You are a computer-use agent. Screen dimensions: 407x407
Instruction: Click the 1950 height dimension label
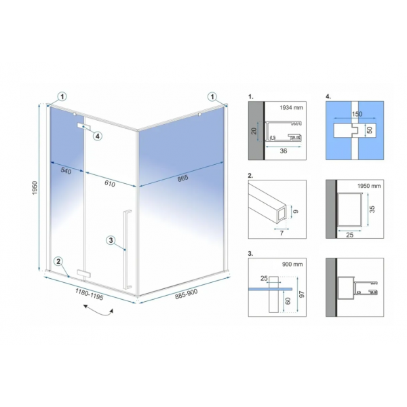click(x=35, y=188)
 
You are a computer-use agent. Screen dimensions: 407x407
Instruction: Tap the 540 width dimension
click(x=66, y=171)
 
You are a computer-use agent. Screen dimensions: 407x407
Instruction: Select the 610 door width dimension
click(x=110, y=183)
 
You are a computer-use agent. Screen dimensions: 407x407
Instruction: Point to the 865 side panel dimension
click(x=182, y=178)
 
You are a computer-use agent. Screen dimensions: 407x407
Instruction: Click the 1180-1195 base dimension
click(x=90, y=294)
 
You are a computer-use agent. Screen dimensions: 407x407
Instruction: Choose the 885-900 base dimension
click(x=186, y=294)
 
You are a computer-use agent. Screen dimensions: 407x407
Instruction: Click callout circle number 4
click(x=97, y=136)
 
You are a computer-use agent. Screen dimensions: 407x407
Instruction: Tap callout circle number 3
click(x=111, y=240)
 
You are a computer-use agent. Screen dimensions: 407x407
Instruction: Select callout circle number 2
click(x=58, y=261)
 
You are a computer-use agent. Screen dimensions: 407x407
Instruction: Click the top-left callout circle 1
click(x=62, y=97)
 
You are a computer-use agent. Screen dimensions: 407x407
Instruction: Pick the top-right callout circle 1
click(x=212, y=97)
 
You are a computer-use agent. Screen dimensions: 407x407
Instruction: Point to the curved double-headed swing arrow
click(x=98, y=311)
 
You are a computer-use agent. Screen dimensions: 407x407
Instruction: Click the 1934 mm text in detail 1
click(x=291, y=107)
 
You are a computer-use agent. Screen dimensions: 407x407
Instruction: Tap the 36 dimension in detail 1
click(x=283, y=151)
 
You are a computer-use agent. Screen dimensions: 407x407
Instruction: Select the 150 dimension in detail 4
click(x=357, y=114)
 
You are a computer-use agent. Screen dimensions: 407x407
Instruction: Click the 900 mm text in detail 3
click(x=292, y=265)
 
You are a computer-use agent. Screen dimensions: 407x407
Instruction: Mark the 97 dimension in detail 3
click(x=302, y=294)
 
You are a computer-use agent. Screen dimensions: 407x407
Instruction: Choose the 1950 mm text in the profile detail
click(x=369, y=186)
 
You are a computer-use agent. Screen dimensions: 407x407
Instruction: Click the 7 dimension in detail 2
click(x=282, y=233)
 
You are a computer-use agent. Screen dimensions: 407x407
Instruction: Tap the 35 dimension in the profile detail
click(x=372, y=209)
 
